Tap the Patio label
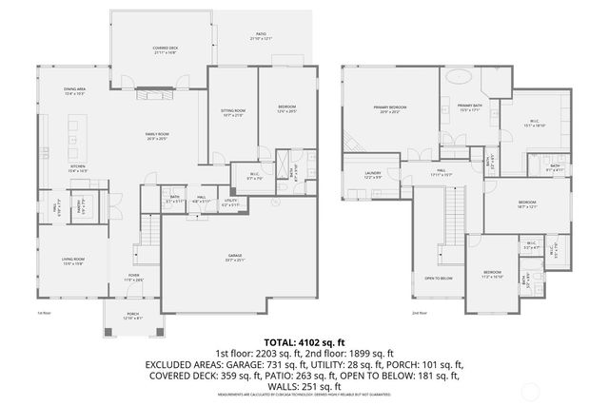261,37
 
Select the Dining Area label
75,91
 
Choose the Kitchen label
77,168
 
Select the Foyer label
132,279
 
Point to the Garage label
234,259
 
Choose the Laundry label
372,174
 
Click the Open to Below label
439,279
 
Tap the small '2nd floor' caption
419,313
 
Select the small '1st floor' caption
43,313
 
